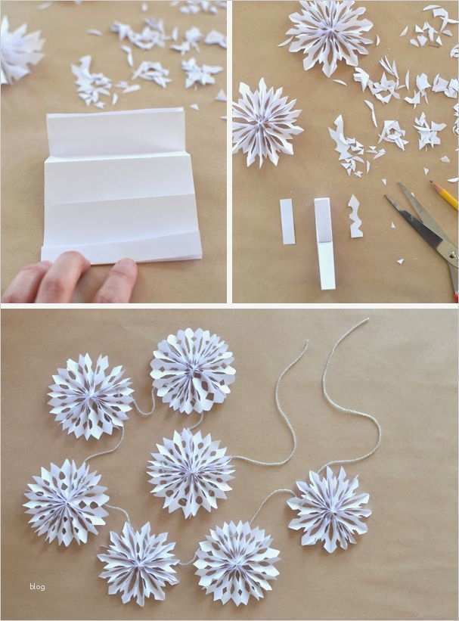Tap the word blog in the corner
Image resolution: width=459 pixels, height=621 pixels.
tap(37, 586)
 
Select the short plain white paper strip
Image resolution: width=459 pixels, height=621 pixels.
tap(287, 221)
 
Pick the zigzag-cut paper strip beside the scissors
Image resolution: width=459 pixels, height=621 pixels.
tap(355, 216)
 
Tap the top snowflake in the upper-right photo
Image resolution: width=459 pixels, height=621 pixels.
tap(328, 37)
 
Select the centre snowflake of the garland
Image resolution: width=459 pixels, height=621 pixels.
tap(190, 470)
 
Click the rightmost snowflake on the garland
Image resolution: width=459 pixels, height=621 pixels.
tap(330, 509)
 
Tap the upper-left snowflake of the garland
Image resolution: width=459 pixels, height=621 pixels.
tap(90, 396)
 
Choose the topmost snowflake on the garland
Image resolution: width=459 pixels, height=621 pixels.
tap(193, 371)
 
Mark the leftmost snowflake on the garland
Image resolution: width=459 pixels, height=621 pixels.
tap(66, 501)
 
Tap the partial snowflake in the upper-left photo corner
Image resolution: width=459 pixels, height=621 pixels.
tap(19, 51)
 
